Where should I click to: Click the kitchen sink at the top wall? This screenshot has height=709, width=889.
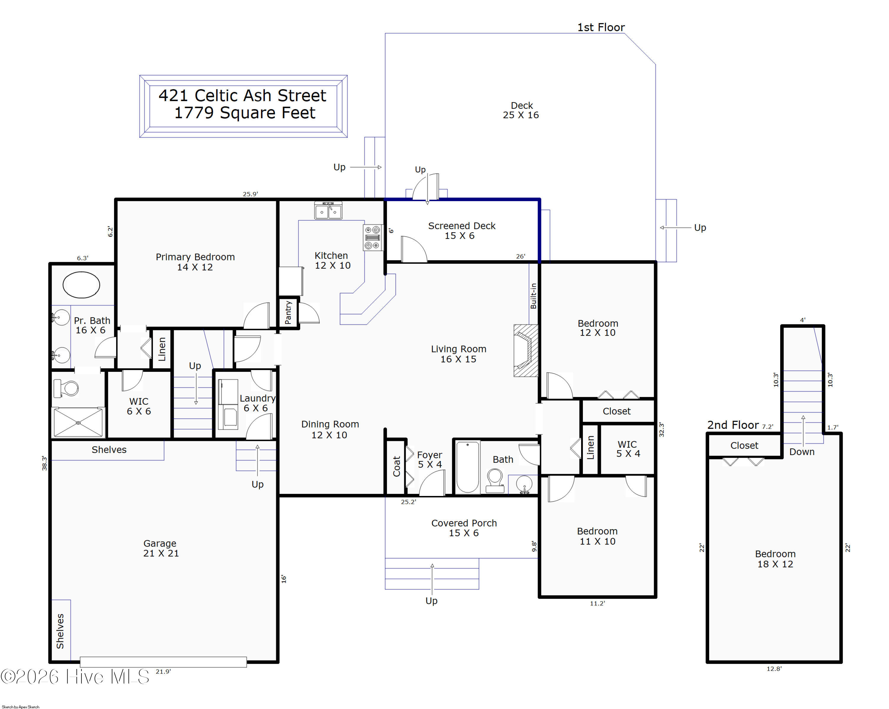tap(328, 211)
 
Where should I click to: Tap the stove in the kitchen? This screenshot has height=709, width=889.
tap(373, 237)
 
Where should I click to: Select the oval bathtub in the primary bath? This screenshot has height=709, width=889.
tap(81, 285)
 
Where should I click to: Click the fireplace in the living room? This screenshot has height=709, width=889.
tap(526, 351)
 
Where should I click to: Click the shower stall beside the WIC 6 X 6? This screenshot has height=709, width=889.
tap(78, 422)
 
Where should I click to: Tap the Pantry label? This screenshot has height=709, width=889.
tap(288, 313)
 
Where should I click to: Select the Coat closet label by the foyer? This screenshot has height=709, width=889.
tap(397, 466)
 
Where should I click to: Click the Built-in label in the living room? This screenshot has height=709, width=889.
tap(534, 296)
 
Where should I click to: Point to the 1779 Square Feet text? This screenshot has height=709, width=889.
tap(245, 113)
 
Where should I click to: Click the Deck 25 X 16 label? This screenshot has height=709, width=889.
tap(521, 111)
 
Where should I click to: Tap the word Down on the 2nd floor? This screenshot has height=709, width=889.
tap(802, 452)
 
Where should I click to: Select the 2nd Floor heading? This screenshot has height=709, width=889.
tap(733, 425)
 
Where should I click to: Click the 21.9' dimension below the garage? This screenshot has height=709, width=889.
tap(163, 671)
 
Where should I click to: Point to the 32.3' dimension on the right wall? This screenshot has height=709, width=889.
tap(661, 430)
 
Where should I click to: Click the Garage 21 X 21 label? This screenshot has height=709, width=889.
tap(161, 548)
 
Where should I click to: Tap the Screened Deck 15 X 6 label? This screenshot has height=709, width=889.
tap(461, 231)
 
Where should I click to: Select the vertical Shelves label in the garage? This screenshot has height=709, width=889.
tap(60, 631)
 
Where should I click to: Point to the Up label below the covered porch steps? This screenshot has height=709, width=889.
tap(431, 601)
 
